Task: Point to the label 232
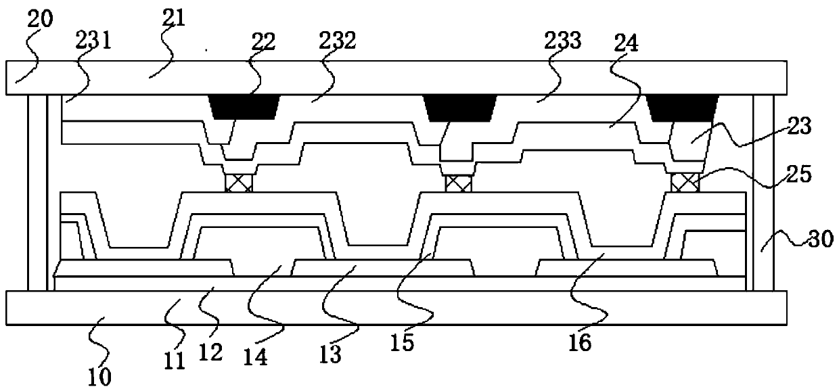point(338,42)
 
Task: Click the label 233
point(564,42)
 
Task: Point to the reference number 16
point(581,343)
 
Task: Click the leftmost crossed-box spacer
point(240,183)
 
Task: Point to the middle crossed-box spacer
point(457,183)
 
